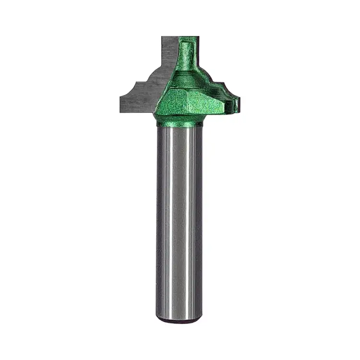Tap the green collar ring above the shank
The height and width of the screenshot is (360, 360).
pos(180,120)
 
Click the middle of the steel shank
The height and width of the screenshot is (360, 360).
pos(180,221)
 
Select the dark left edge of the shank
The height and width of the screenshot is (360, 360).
pos(158,221)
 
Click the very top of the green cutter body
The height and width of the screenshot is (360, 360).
pos(189,38)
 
